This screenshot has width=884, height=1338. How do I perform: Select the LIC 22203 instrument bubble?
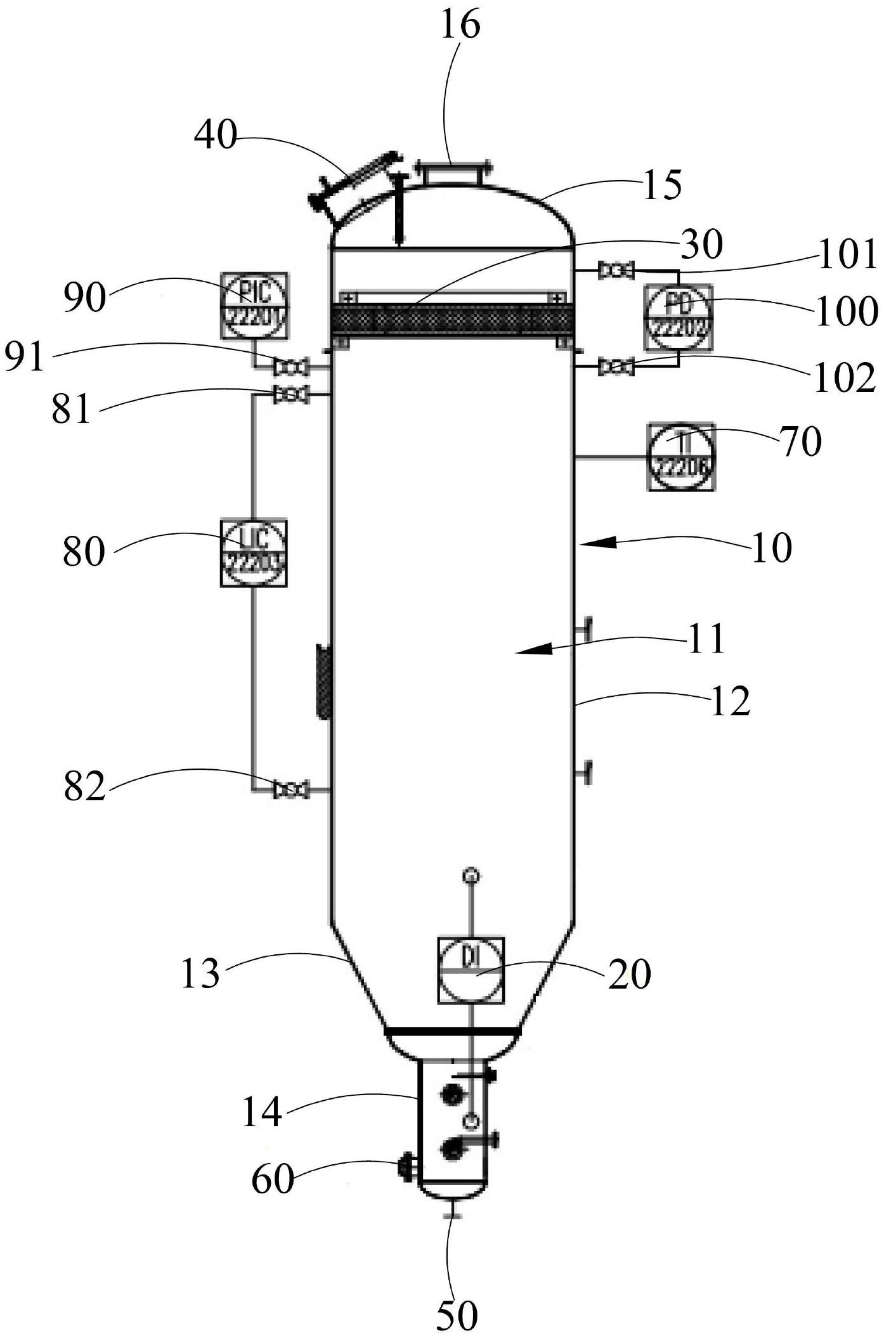[x=254, y=552]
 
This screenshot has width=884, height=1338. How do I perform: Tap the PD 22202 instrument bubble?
[x=678, y=316]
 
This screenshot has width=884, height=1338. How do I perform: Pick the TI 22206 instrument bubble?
[x=680, y=457]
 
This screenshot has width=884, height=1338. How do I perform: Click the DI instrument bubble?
[x=471, y=970]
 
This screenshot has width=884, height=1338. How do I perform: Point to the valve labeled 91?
[x=291, y=367]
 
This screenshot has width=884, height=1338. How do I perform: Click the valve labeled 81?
[x=290, y=395]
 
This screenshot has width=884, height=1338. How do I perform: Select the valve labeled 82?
[x=290, y=790]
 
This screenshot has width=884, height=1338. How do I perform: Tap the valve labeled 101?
[x=616, y=271]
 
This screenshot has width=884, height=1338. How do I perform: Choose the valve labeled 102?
[x=616, y=367]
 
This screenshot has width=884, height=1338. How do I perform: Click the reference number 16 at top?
[x=460, y=26]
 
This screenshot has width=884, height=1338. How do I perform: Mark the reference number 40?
[x=215, y=136]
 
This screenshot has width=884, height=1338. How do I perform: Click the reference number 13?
[x=200, y=973]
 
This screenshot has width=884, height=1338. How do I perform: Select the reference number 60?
[x=273, y=1180]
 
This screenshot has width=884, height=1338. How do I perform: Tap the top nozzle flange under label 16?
[x=452, y=173]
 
